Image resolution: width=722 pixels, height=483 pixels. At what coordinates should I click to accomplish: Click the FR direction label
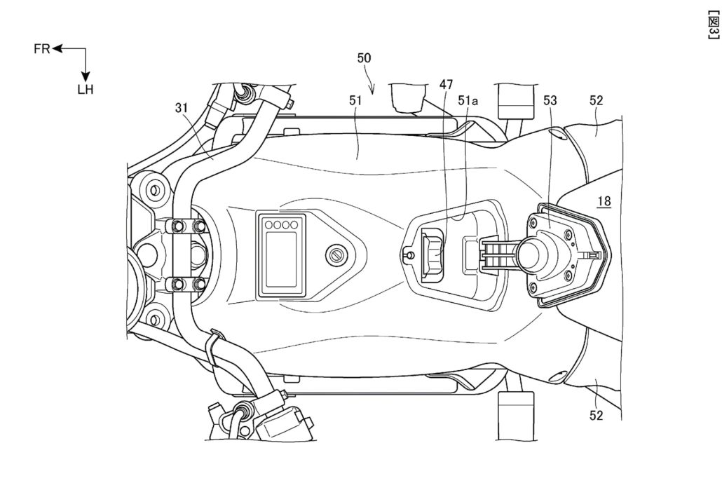[x=41, y=49]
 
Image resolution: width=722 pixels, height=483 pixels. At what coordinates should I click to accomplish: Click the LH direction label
[x=86, y=90]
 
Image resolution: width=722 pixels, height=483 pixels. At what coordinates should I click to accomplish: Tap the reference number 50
[x=365, y=59]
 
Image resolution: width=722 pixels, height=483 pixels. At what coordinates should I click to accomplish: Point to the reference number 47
[x=447, y=84]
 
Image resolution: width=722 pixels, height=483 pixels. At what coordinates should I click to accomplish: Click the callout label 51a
[x=469, y=100]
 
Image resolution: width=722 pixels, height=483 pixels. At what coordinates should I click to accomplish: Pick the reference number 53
[x=551, y=100]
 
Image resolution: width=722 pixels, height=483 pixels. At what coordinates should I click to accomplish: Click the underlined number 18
[x=604, y=201]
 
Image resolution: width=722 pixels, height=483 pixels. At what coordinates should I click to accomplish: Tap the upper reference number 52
[x=597, y=100]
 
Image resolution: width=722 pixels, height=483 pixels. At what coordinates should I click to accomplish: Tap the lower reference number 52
[x=597, y=415]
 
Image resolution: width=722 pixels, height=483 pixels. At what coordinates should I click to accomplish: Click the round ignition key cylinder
[x=337, y=254]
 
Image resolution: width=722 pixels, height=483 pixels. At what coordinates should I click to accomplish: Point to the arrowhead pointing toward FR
[x=57, y=49]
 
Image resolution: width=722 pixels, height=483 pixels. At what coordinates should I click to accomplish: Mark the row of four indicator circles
[x=281, y=226]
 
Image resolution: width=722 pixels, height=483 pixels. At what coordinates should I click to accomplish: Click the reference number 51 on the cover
[x=355, y=100]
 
